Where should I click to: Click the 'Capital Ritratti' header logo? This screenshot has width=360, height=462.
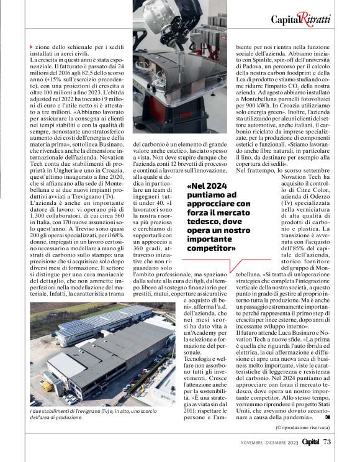coord(300,19)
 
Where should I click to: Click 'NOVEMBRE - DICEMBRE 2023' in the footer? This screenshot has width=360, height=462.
coord(269,442)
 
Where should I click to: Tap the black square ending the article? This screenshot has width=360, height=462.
coord(327,416)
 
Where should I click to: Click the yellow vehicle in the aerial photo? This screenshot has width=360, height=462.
coord(46,385)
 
